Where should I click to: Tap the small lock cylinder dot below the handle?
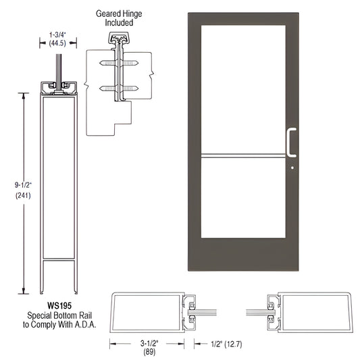[x=292, y=166]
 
